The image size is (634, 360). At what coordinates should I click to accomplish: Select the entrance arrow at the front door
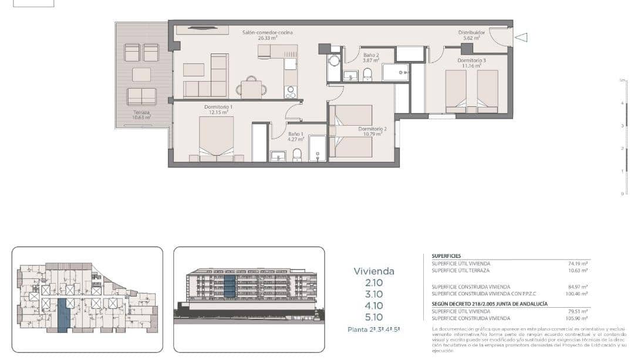[x=521, y=38]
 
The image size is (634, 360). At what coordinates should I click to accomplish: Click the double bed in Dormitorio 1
[x=216, y=139]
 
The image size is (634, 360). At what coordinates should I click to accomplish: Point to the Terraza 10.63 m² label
[x=141, y=115]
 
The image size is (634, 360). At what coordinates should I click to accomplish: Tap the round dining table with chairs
[x=251, y=89]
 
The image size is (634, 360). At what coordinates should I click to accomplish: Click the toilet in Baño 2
[x=367, y=74]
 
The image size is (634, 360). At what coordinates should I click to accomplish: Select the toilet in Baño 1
[x=296, y=154]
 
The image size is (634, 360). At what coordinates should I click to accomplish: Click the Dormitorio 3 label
[x=471, y=62]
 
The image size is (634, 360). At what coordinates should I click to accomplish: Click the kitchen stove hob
[x=291, y=92]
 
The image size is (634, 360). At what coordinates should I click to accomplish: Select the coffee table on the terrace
[x=141, y=75]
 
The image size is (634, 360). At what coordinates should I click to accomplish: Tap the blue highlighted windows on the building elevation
[x=230, y=285]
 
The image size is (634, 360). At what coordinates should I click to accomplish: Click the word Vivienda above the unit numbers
[x=374, y=271]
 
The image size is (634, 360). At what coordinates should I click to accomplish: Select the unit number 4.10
[x=374, y=305]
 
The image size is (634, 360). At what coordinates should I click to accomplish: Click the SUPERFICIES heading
[x=446, y=257]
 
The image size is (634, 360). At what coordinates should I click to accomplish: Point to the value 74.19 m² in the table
[x=578, y=264]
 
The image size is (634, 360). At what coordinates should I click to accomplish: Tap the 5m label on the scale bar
[x=623, y=80]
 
